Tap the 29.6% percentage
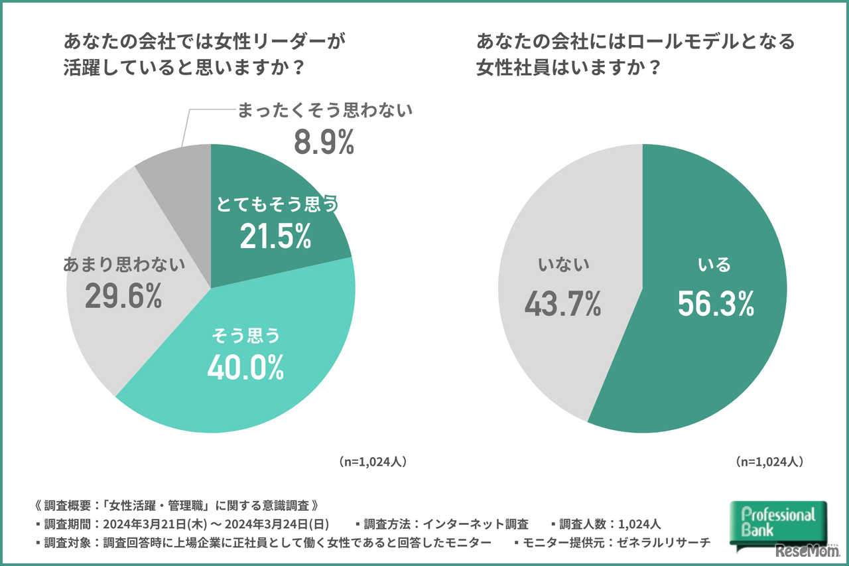(x=123, y=297)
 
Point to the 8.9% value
(x=324, y=143)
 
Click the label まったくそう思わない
(x=325, y=110)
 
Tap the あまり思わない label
(x=123, y=265)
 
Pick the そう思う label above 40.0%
(x=245, y=336)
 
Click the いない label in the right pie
(x=563, y=265)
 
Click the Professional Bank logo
(x=777, y=522)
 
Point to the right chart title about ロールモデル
(x=635, y=55)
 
